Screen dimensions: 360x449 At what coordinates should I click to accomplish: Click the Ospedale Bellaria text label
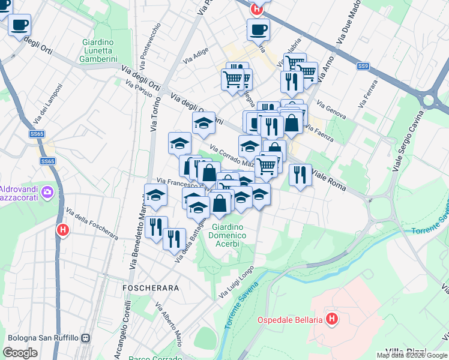tap(291, 319)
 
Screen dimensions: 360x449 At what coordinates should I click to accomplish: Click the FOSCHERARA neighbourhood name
tap(151, 288)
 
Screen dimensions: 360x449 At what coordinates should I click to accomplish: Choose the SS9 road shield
tap(363, 65)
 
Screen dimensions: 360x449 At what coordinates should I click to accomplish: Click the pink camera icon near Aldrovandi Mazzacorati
tap(47, 193)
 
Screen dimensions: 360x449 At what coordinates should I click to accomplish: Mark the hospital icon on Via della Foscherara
tap(62, 230)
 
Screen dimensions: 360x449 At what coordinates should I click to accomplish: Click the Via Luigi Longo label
tap(233, 281)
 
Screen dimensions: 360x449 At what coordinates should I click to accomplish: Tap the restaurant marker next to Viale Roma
tap(300, 175)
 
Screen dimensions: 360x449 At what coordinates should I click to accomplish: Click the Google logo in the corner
tap(20, 352)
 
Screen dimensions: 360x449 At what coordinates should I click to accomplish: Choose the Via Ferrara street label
tap(367, 94)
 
